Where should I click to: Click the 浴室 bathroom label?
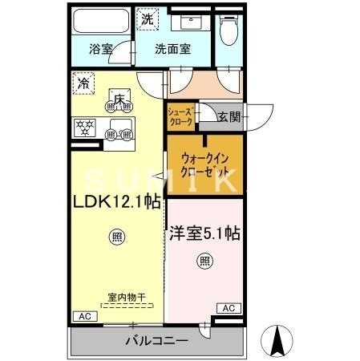101,49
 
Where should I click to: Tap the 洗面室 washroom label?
172,49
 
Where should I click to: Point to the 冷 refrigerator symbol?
83,82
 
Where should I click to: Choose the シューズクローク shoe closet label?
180,117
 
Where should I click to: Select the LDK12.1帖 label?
115,202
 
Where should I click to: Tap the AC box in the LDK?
83,315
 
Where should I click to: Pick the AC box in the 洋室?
228,307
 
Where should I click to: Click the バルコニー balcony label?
156,341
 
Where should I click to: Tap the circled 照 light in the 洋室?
204,262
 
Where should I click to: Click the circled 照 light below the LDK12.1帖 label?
115,237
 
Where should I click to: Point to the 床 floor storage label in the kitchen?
119,99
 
